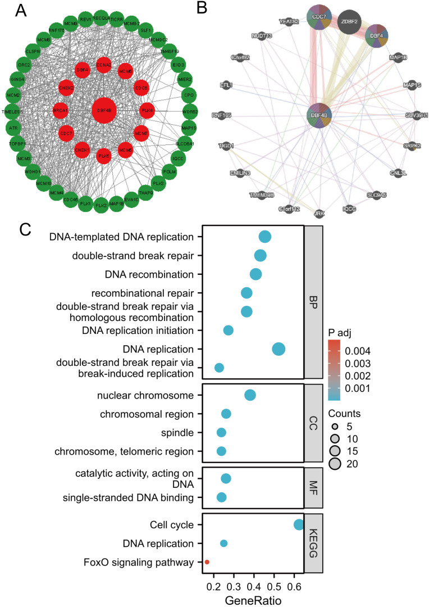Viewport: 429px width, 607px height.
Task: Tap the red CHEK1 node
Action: [x=81, y=150]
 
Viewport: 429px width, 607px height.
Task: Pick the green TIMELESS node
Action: [x=11, y=112]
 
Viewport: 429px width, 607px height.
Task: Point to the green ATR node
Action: [x=13, y=129]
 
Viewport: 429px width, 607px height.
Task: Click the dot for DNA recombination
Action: [x=255, y=274]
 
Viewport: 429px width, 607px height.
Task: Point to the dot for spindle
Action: [x=221, y=432]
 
